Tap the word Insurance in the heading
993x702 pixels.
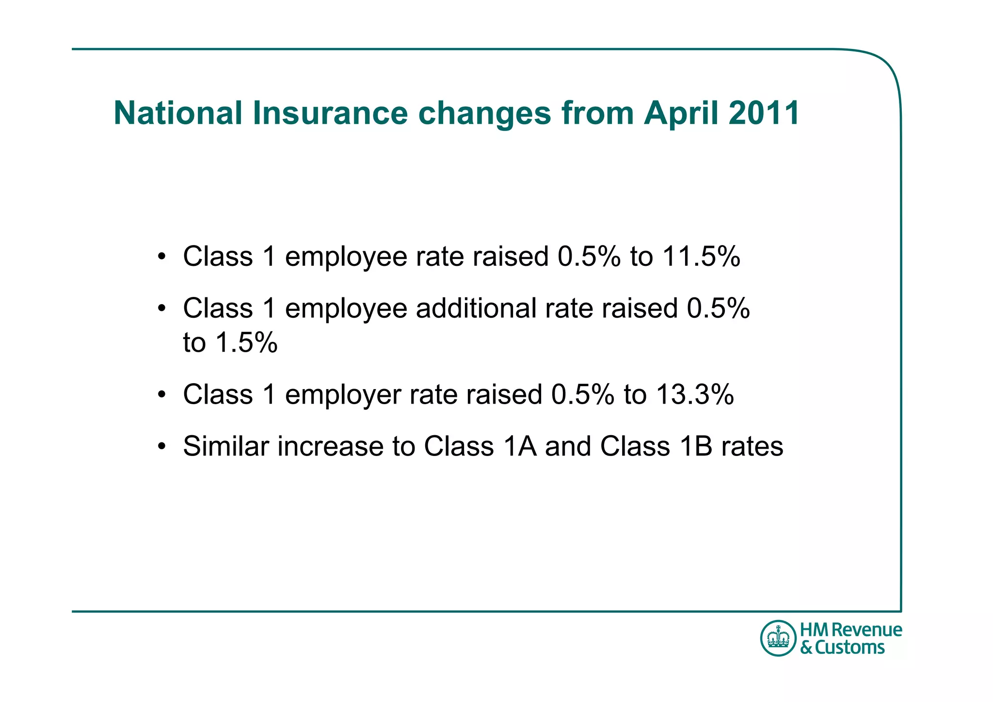point(330,113)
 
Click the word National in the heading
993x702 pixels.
point(178,113)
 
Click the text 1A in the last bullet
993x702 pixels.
point(520,446)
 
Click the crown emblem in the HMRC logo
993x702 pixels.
point(778,638)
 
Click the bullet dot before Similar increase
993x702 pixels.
point(162,446)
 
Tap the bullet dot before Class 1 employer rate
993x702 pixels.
point(162,394)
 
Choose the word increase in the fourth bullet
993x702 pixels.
point(330,446)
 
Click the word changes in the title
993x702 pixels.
point(484,114)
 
